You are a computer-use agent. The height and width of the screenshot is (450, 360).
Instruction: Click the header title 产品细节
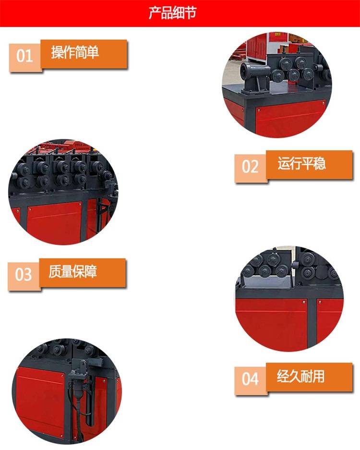pos(173,12)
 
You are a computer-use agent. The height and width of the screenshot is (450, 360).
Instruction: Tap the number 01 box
pos(25,57)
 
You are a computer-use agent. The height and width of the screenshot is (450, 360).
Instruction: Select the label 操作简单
pos(75,52)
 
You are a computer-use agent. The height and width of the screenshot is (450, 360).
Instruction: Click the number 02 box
pos(251,167)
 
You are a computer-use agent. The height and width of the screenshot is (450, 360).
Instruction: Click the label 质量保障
pos(73,271)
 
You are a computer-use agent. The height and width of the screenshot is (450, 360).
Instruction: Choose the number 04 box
pos(251,380)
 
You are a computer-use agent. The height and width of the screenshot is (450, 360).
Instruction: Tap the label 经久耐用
pos(300,376)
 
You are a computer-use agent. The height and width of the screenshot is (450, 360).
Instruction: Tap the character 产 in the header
pos(155,13)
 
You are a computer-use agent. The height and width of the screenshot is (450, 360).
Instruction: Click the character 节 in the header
pos(191,13)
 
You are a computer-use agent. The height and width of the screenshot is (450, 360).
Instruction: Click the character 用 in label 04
pos(319,376)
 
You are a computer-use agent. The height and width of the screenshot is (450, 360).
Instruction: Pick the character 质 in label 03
pos(55,271)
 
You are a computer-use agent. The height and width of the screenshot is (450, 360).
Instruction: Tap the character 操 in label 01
pos(57,52)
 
